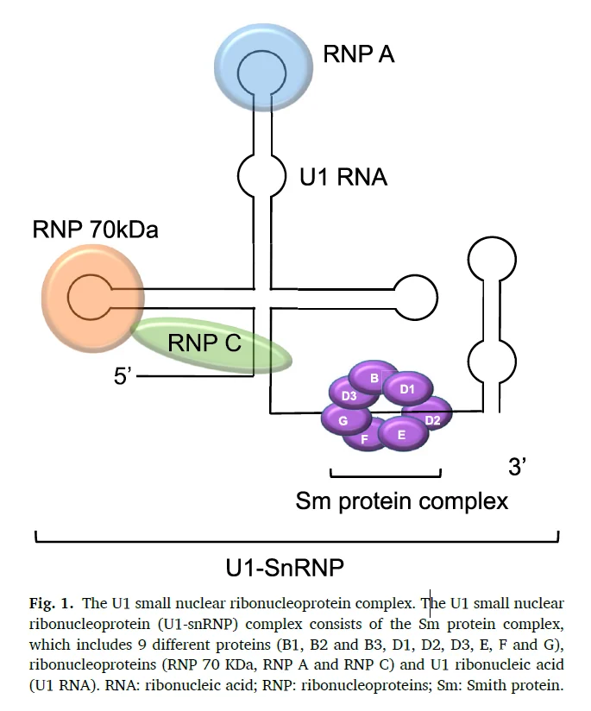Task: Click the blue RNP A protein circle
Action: (263, 68)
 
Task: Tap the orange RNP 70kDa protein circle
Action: (93, 298)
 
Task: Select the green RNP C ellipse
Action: (211, 344)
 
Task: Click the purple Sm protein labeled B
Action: (374, 377)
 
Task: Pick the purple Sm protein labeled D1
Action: (407, 388)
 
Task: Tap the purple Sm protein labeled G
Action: (346, 419)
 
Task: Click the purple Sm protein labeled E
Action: (403, 435)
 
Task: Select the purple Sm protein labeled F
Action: (364, 438)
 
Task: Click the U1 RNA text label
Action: (343, 177)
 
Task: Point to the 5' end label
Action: (123, 375)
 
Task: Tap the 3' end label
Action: (517, 466)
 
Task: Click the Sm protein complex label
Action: (402, 501)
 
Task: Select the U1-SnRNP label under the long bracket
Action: (285, 567)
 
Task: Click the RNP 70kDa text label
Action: (95, 229)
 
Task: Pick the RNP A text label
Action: (359, 54)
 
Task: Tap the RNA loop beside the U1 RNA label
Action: (261, 175)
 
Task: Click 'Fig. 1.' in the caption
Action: (51, 603)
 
